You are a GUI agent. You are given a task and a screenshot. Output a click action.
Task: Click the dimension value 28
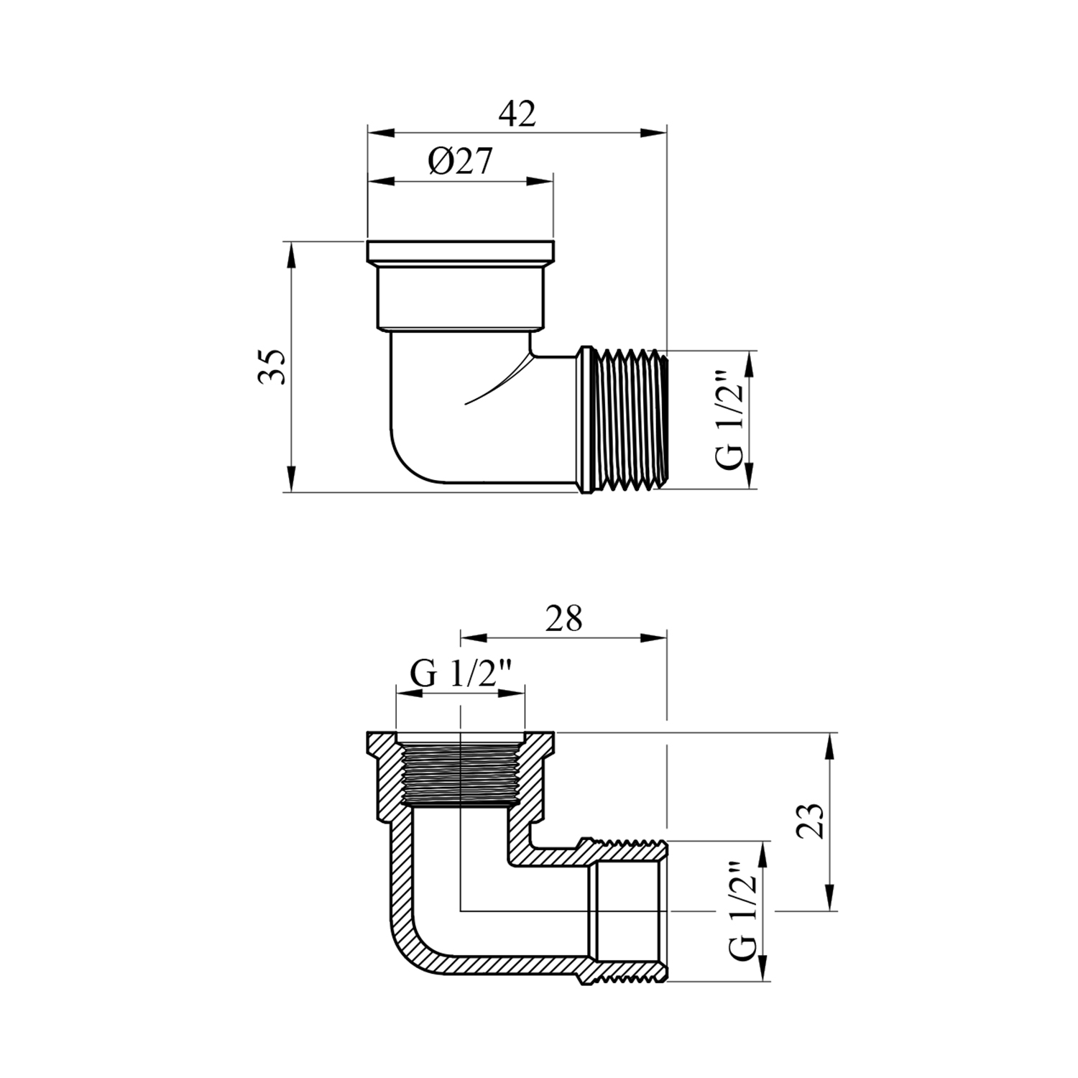[563, 618]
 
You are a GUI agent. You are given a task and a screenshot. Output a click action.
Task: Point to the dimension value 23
[810, 821]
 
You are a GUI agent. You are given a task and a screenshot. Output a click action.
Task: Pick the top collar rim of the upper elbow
[461, 252]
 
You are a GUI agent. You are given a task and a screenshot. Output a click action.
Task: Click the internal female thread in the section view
[460, 774]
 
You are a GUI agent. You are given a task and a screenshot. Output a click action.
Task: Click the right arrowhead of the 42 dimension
[654, 132]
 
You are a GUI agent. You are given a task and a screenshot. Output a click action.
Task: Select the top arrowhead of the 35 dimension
[290, 255]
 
